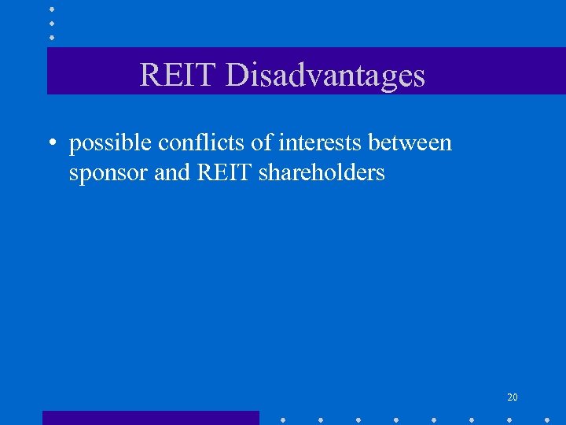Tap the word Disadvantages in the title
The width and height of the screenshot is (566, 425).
[x=325, y=76]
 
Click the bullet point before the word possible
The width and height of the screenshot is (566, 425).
[x=50, y=144]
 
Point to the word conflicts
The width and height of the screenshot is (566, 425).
[x=198, y=142]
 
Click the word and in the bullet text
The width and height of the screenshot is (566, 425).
[x=172, y=172]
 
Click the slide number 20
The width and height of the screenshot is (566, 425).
[x=513, y=397]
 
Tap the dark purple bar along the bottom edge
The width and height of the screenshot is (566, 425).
[x=150, y=418]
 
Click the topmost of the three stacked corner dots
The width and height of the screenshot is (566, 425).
[x=51, y=9]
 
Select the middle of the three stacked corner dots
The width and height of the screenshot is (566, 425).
[x=51, y=23]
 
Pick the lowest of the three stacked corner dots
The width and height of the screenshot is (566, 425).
[x=51, y=36]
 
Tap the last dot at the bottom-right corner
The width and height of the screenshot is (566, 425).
[x=547, y=419]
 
